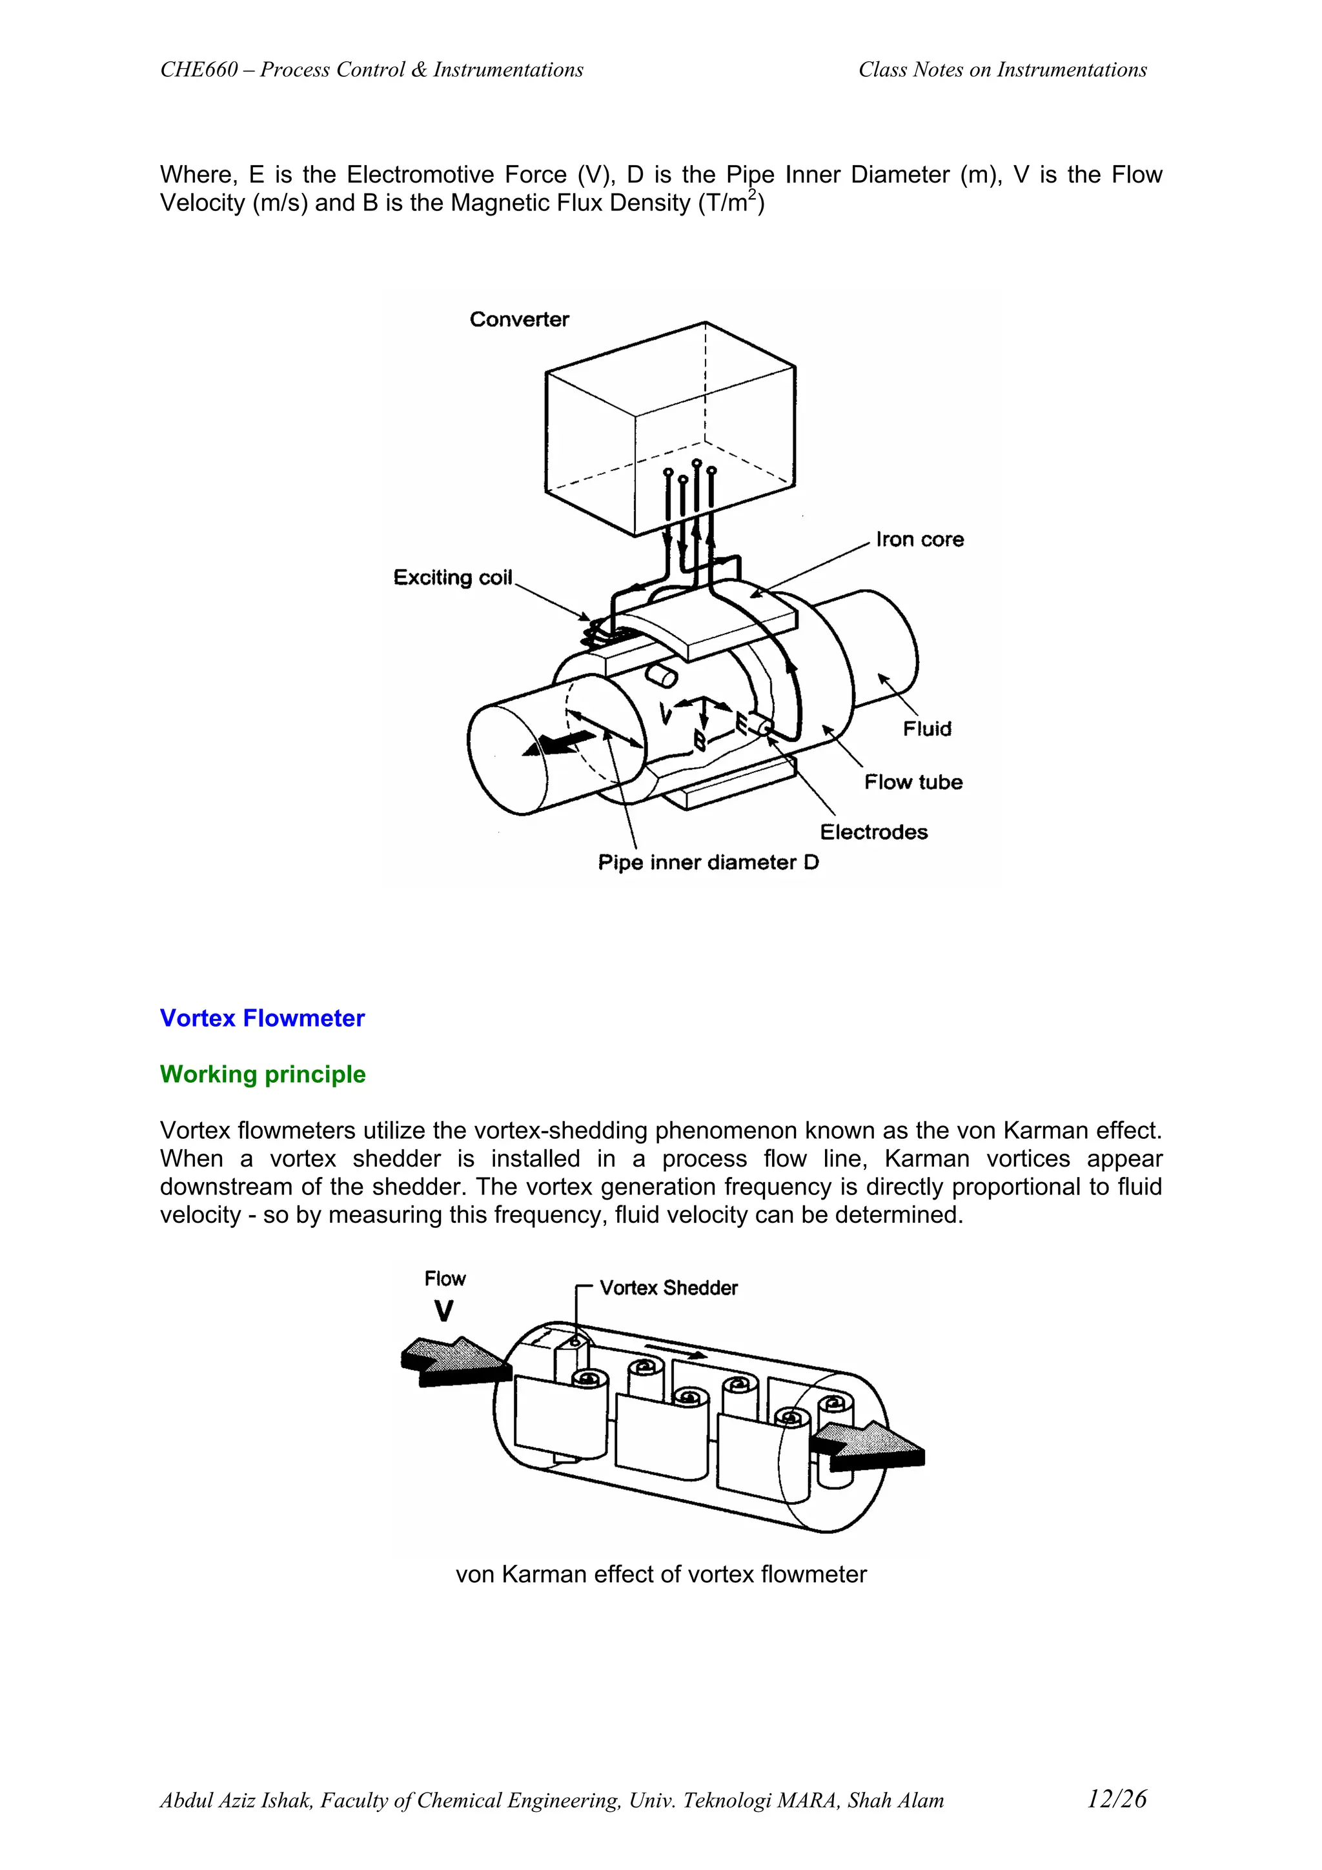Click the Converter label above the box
coord(519,319)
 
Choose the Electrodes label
coord(873,832)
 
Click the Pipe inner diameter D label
coord(708,863)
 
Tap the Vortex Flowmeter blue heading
coord(261,1018)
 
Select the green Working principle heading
coord(262,1074)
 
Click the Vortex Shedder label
coord(668,1288)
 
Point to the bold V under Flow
coord(443,1311)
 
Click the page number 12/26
coord(1116,1799)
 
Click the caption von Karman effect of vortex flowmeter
coord(660,1574)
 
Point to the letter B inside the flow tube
coord(699,739)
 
